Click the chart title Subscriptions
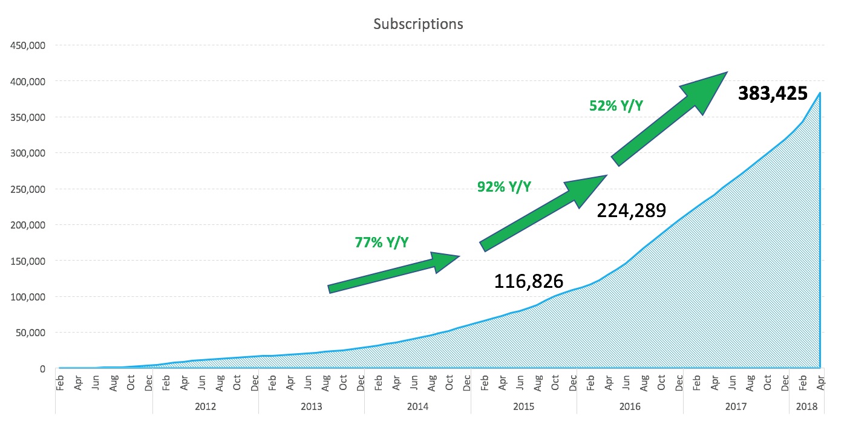pyautogui.click(x=418, y=24)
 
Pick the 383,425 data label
pyautogui.click(x=773, y=93)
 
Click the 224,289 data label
pyautogui.click(x=632, y=210)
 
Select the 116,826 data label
pyautogui.click(x=529, y=281)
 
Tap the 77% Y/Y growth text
pyautogui.click(x=381, y=242)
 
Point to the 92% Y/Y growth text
pyautogui.click(x=504, y=187)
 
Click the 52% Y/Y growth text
pyautogui.click(x=616, y=106)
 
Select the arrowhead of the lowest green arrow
pyautogui.click(x=445, y=261)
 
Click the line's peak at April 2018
pyautogui.click(x=820, y=93)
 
